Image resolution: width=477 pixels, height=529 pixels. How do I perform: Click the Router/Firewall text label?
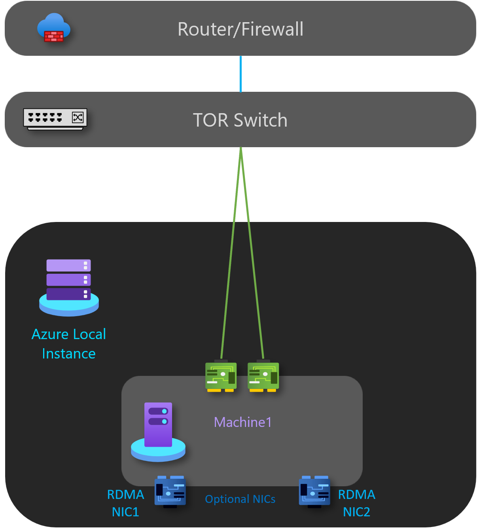[240, 29]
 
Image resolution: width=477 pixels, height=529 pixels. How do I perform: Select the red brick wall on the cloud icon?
[54, 36]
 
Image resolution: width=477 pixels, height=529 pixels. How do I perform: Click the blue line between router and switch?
[240, 74]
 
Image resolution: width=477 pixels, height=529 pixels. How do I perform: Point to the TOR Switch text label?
[240, 120]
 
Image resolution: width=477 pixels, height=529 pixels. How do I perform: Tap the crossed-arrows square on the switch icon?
[78, 117]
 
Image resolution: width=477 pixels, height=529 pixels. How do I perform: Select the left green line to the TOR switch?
[231, 253]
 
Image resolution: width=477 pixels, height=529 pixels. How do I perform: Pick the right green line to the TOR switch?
[252, 253]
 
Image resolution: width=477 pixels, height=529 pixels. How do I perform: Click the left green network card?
[221, 376]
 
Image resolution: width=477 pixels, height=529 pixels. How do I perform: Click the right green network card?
[263, 376]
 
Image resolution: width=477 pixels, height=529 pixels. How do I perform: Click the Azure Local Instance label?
[69, 344]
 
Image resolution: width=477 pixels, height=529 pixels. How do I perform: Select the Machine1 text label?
[243, 422]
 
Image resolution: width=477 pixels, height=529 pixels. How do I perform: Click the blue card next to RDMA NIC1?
[170, 491]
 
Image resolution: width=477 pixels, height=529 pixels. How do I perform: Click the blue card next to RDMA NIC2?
[315, 491]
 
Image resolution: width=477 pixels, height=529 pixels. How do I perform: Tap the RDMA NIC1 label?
[125, 503]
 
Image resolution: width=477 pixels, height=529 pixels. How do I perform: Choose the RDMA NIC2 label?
[356, 503]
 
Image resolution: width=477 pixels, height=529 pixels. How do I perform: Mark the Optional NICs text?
[240, 499]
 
